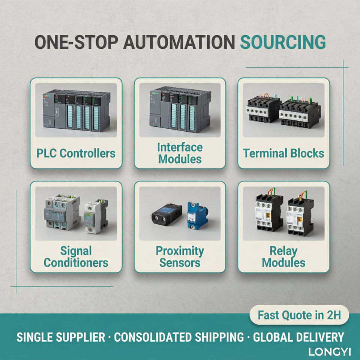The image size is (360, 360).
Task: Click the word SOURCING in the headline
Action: (x=283, y=42)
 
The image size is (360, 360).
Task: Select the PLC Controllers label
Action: (x=76, y=153)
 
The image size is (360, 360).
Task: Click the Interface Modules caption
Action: (x=180, y=153)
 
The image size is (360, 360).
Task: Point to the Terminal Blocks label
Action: (x=283, y=153)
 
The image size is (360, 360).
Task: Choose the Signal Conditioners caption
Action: (x=76, y=256)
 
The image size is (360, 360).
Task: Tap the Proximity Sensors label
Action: (x=180, y=256)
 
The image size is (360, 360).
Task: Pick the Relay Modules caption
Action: (x=283, y=256)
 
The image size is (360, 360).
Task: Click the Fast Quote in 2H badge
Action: (x=299, y=315)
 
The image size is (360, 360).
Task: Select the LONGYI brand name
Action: (x=330, y=352)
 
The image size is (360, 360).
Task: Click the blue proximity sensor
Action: (x=197, y=216)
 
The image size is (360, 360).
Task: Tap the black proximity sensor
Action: (x=166, y=214)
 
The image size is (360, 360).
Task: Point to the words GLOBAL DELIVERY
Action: (x=298, y=337)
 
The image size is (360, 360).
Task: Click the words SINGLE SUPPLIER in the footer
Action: (x=61, y=337)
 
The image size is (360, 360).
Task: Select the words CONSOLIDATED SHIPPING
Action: (x=179, y=337)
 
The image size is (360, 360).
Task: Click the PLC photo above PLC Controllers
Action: (x=76, y=110)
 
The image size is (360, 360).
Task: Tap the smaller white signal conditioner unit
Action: (x=96, y=216)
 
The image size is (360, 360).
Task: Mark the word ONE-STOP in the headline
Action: (x=76, y=42)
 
